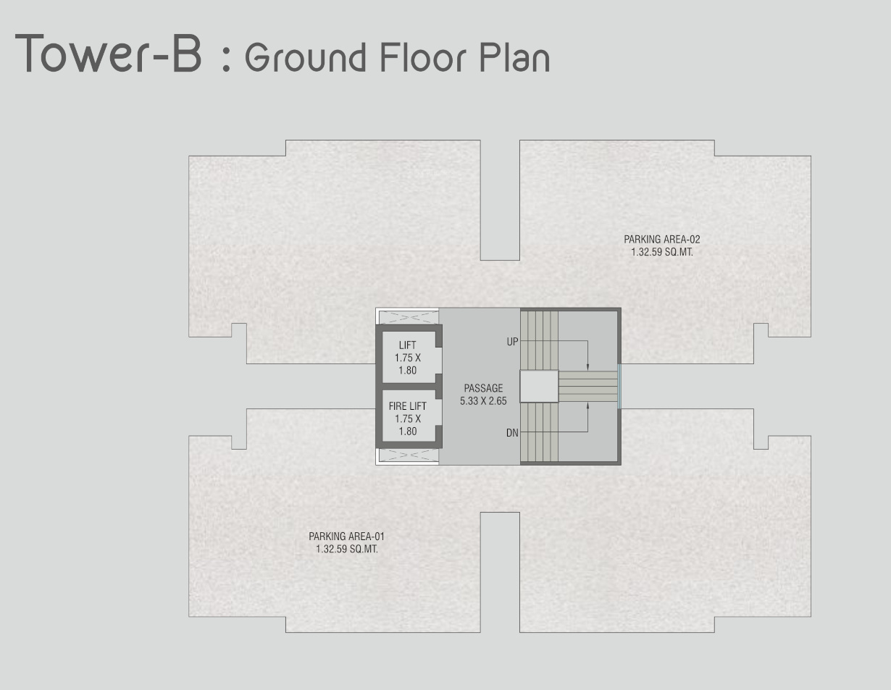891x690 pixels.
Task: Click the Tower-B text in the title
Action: [x=108, y=54]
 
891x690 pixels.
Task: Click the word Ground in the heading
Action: [x=306, y=57]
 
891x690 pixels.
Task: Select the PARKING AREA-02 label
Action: [x=662, y=239]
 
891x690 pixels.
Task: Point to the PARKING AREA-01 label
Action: [x=346, y=537]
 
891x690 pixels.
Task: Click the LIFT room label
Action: [x=408, y=345]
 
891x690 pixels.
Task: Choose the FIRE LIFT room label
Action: [x=408, y=406]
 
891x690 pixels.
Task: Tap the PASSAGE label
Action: [x=483, y=388]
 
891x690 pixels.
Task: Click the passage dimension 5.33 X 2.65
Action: [x=483, y=400]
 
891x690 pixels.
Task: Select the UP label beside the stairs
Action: [x=513, y=342]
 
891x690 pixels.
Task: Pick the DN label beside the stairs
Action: [x=513, y=433]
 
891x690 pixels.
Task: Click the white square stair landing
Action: [x=539, y=387]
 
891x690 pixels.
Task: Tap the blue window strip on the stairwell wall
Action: [x=619, y=387]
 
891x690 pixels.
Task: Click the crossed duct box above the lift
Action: [x=409, y=318]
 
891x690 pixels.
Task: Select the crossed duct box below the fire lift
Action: [x=409, y=455]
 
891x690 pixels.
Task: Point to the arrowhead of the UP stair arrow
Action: [x=588, y=367]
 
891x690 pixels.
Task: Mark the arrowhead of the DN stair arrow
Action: [x=588, y=405]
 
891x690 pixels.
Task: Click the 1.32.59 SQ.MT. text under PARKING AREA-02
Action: [x=662, y=252]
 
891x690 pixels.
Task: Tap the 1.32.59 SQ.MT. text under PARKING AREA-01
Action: [x=346, y=549]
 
